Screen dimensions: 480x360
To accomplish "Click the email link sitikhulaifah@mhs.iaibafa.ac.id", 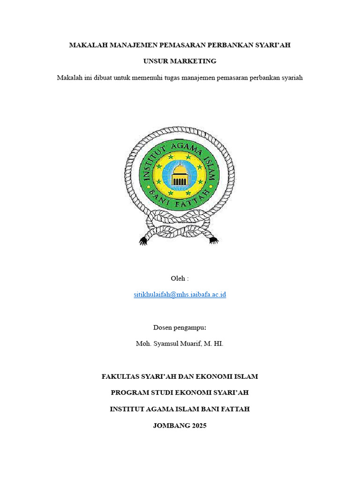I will click(x=180, y=295).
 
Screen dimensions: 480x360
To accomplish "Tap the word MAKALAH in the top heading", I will click(x=88, y=45).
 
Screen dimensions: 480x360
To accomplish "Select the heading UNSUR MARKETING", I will click(x=180, y=61).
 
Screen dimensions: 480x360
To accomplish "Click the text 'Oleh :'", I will click(x=180, y=278).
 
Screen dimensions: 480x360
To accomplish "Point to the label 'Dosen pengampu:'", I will click(x=180, y=327).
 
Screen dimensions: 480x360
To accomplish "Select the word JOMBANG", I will click(x=171, y=426).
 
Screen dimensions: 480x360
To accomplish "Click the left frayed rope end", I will click(x=143, y=240).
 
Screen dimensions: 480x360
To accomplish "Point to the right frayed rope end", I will click(x=214, y=240).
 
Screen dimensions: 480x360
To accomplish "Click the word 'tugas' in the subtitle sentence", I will click(x=196, y=77).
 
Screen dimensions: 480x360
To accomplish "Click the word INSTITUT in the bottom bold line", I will click(x=128, y=409).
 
